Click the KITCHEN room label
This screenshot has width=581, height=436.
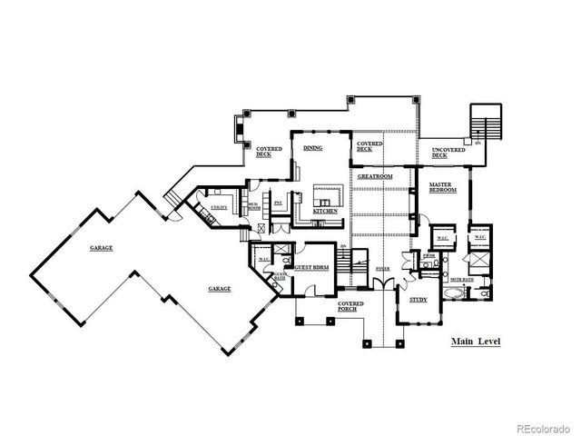click(326, 211)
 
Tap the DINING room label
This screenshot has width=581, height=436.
click(313, 147)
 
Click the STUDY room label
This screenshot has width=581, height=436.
click(419, 299)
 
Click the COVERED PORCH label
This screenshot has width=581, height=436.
click(351, 307)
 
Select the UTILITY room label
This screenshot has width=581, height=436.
click(219, 208)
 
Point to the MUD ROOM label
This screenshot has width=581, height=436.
click(255, 207)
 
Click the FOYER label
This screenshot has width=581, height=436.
click(382, 269)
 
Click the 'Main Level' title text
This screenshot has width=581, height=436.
click(476, 342)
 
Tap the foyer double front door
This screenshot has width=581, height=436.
click(387, 284)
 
